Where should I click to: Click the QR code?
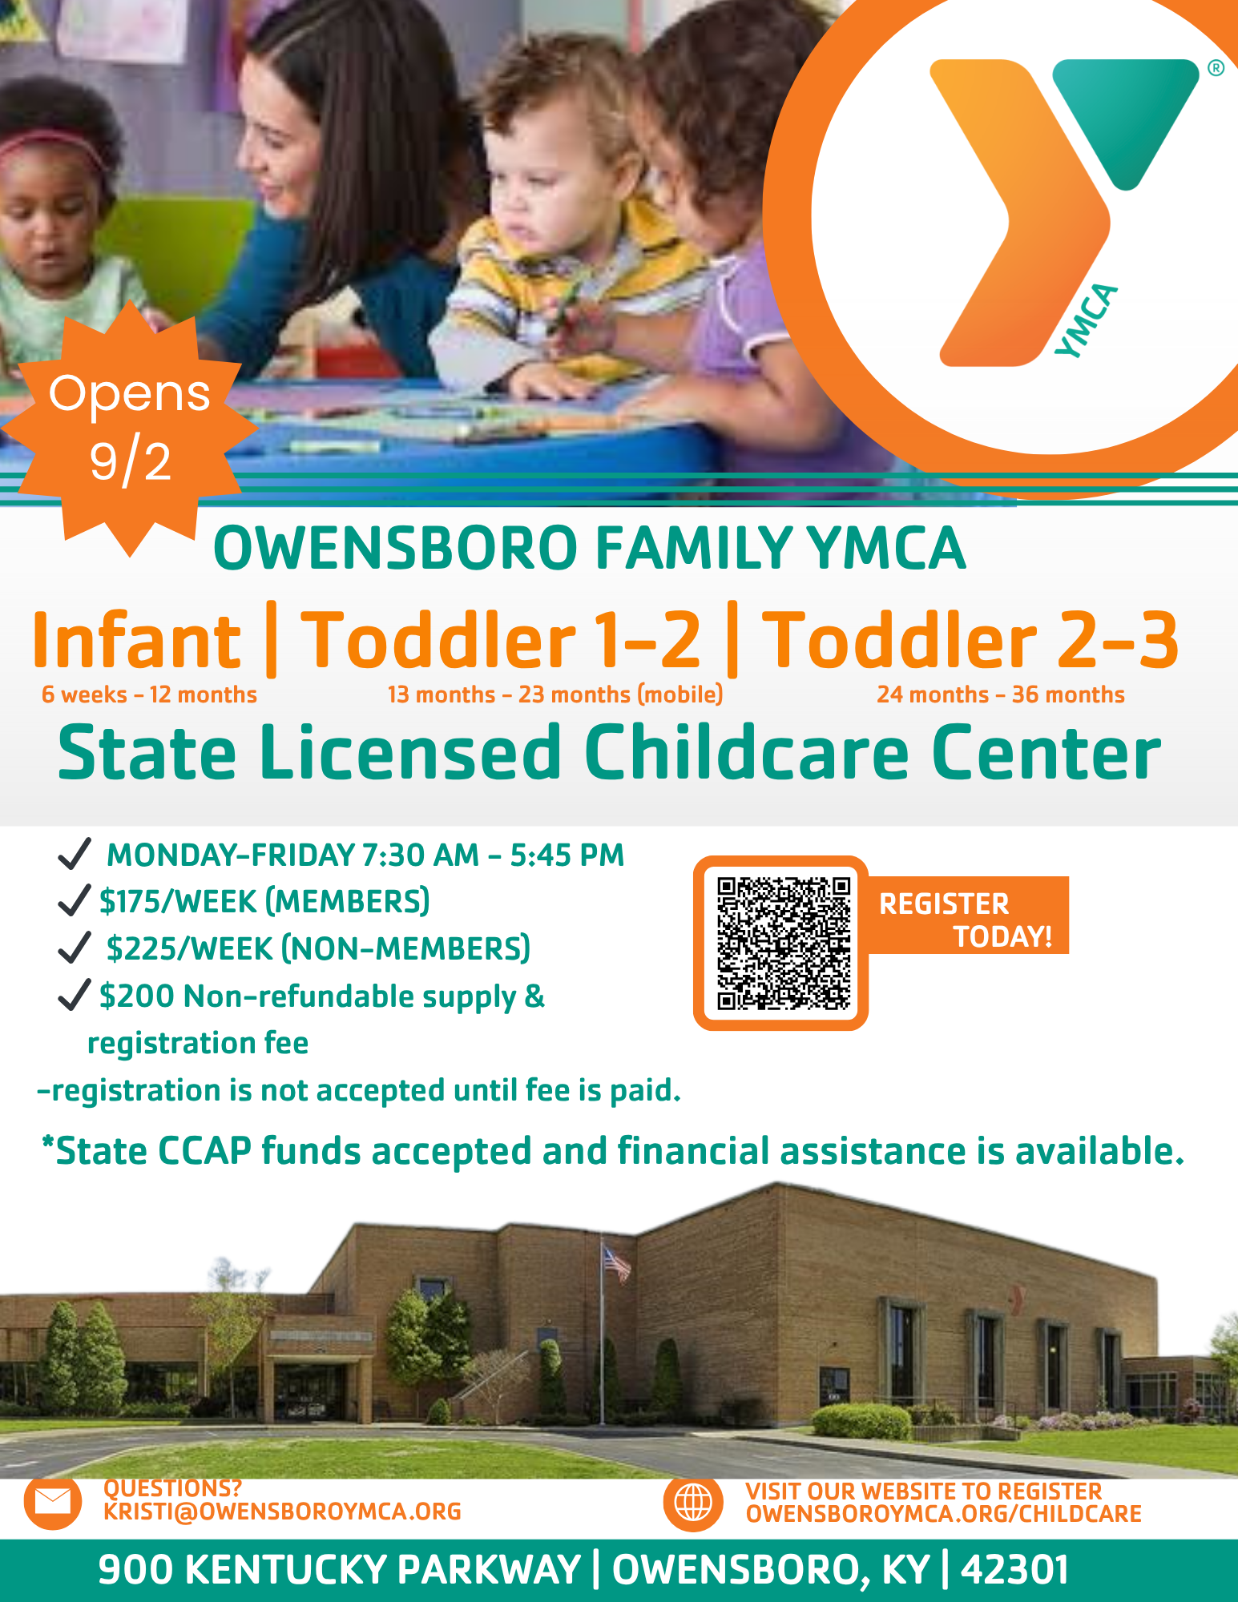pos(783,943)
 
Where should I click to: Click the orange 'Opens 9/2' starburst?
pos(129,429)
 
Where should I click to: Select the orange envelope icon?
pos(53,1503)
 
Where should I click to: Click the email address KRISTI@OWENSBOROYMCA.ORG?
pos(282,1511)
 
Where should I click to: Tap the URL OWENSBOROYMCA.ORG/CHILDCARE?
pos(943,1514)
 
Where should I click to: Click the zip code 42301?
pos(1014,1570)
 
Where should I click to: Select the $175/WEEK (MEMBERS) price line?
pos(264,901)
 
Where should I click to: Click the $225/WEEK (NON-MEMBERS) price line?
pos(318,948)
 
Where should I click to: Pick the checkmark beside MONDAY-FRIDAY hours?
pos(74,854)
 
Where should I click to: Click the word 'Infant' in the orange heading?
pos(136,641)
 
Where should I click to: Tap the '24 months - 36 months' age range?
pos(1001,694)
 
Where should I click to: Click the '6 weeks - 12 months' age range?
pos(149,694)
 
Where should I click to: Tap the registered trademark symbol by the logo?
pos(1216,68)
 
